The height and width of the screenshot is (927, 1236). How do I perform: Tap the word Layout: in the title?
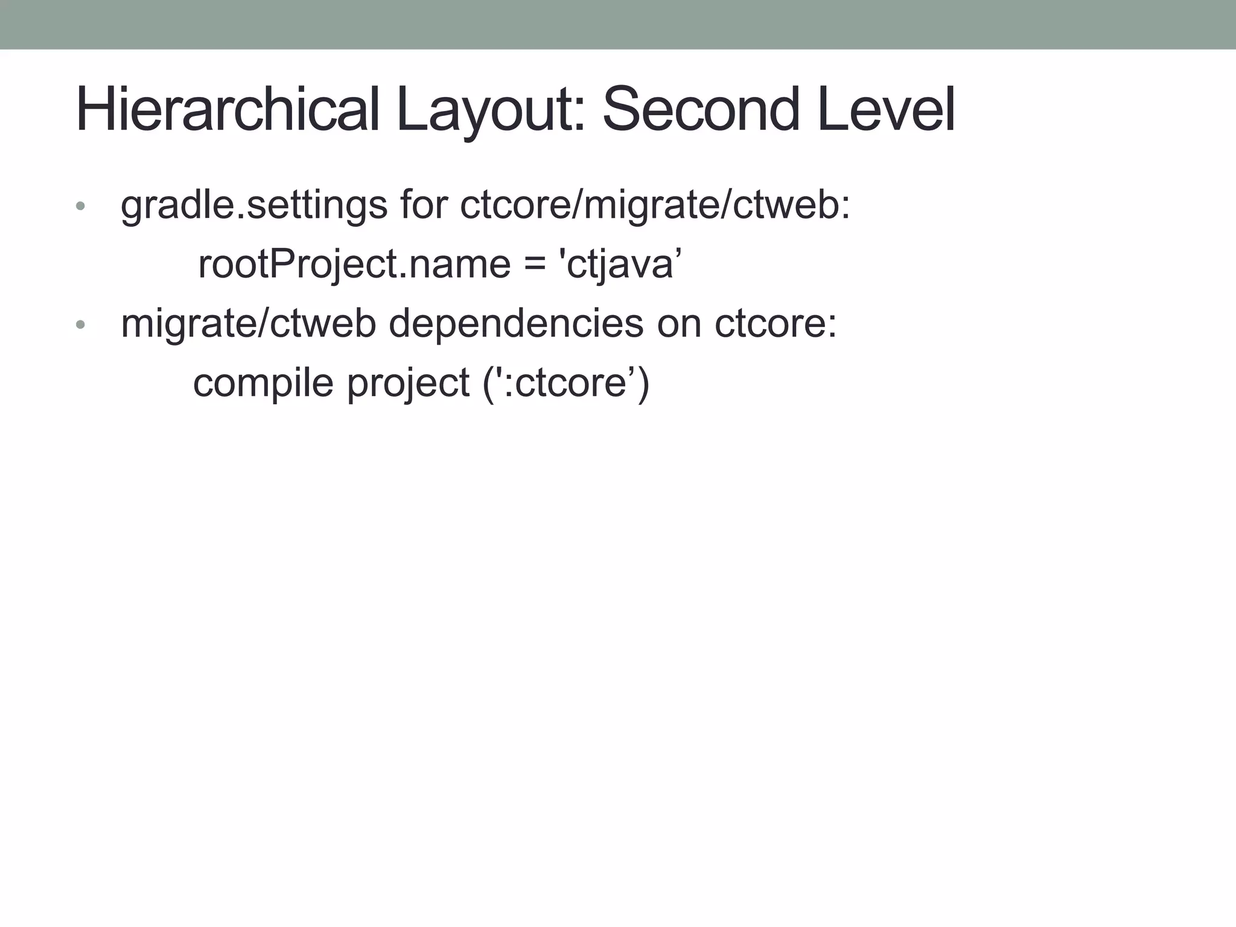point(491,110)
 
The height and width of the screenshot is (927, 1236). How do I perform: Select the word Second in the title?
point(701,110)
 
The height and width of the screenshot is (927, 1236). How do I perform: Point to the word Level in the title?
point(886,110)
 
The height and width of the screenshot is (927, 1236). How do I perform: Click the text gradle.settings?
point(253,205)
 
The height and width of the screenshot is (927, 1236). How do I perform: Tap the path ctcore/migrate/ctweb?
point(655,205)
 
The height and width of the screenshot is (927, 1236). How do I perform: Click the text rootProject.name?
point(354,264)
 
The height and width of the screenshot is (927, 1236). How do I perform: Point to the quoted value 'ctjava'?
point(621,264)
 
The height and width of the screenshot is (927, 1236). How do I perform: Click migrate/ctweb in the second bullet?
point(248,323)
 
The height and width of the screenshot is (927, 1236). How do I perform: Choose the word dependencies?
point(516,323)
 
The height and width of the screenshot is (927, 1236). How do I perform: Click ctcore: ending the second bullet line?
point(776,323)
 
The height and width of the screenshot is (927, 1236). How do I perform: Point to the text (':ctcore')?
point(566,383)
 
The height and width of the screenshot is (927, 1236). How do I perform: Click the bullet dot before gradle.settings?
point(81,206)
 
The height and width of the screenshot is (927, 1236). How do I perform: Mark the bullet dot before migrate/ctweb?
point(81,325)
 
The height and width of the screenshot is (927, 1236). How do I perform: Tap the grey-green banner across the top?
point(618,24)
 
